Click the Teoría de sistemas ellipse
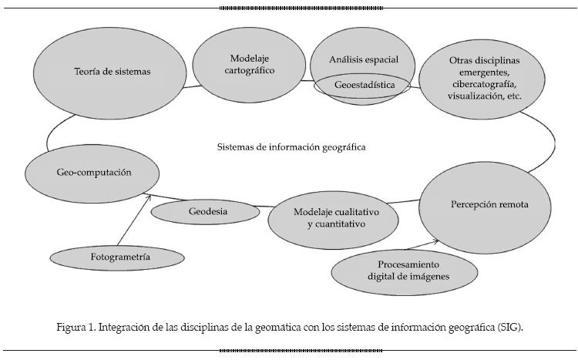click(x=113, y=72)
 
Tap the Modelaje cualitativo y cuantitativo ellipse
click(x=334, y=218)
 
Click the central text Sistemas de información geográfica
click(x=291, y=146)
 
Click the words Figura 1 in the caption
click(x=76, y=328)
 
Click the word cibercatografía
click(x=486, y=83)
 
